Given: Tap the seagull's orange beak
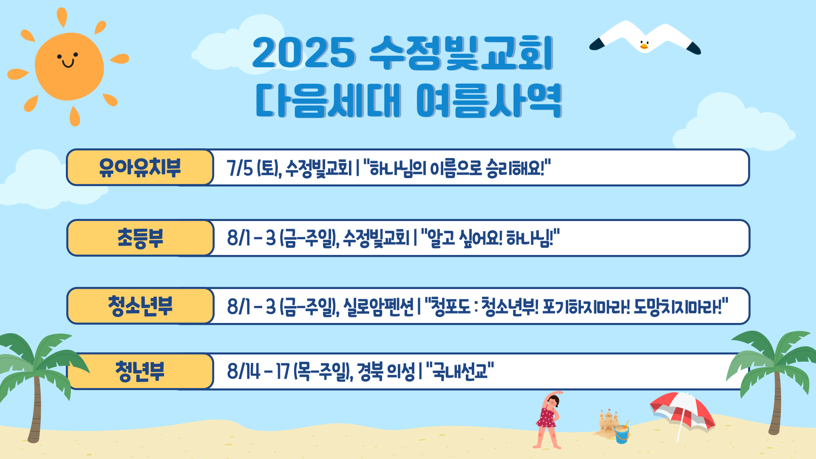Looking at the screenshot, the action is (644, 46).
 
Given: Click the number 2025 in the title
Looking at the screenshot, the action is (304, 53).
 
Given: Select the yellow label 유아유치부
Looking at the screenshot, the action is (140, 167).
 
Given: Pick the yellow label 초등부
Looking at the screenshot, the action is (140, 238).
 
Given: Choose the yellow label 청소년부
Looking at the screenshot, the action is (140, 306).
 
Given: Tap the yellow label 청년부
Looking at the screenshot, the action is (140, 371).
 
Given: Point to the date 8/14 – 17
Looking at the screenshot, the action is (258, 371).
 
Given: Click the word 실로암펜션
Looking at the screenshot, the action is (378, 306).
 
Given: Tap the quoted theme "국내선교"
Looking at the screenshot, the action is (460, 371).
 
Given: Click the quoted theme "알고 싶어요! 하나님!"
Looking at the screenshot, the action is (490, 238).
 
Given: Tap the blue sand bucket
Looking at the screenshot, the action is (622, 434).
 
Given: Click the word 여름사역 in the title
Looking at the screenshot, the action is (489, 101).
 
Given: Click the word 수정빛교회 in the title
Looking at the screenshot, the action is (462, 53).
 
